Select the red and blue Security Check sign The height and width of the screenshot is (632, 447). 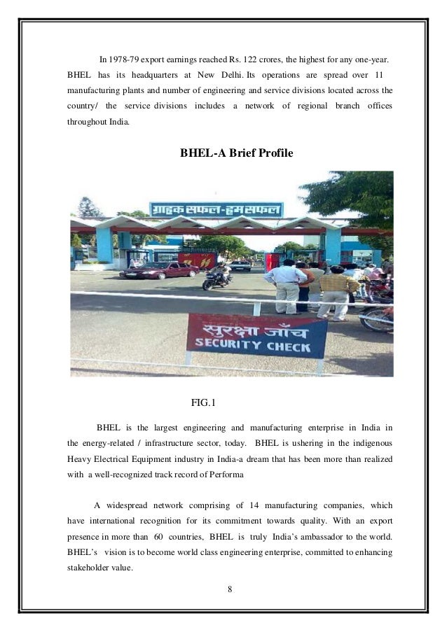pos(256,335)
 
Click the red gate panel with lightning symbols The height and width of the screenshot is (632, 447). pos(197,260)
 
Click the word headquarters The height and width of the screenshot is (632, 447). pos(151,74)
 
